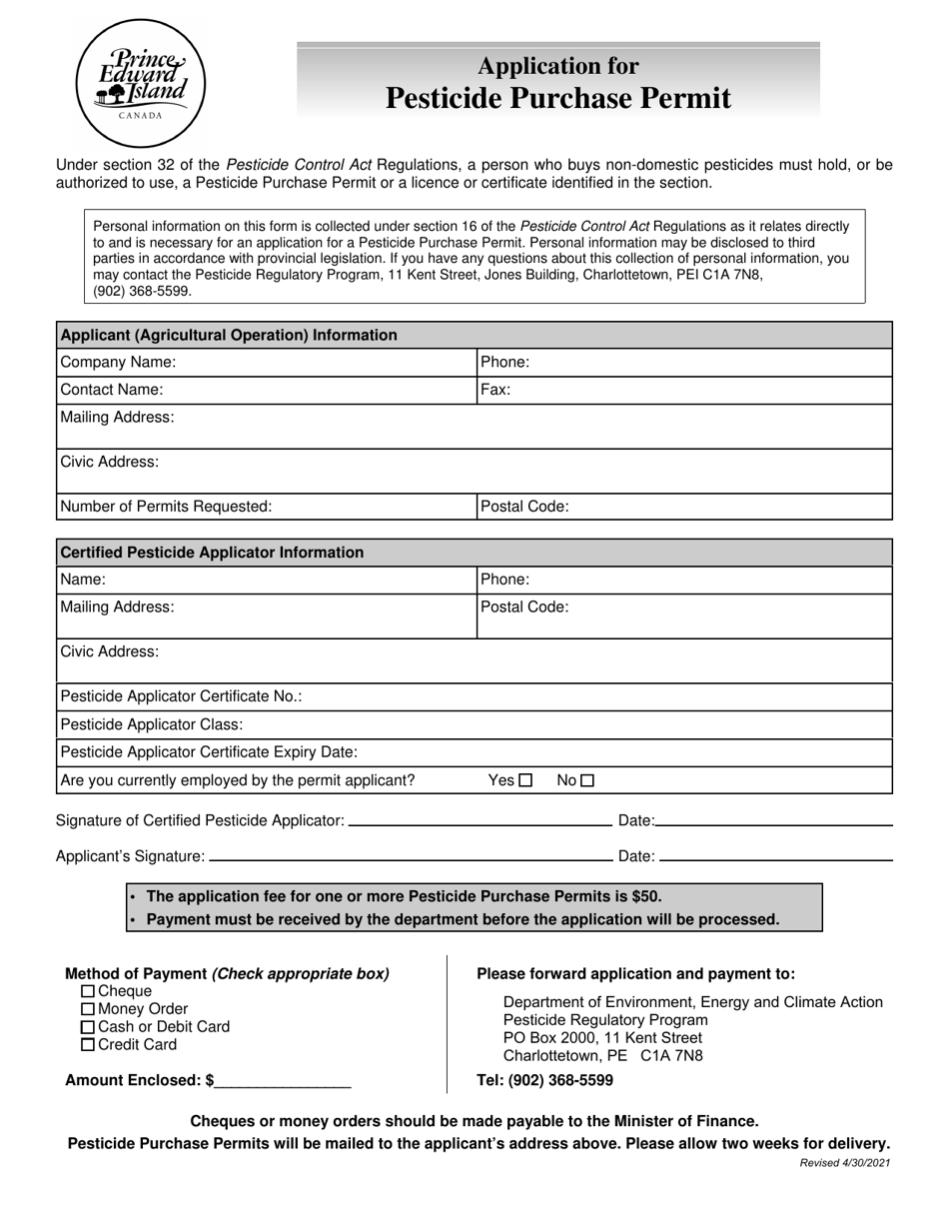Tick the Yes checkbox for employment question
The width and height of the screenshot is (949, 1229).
pos(525,781)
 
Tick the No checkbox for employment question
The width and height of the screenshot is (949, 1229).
pos(587,781)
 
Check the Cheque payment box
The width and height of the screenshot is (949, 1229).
pos(88,991)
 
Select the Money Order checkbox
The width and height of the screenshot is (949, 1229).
pos(88,1009)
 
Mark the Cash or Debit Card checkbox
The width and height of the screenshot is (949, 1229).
pos(88,1027)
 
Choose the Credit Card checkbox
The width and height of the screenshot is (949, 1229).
pos(88,1045)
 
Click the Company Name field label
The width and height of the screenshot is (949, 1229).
pos(118,363)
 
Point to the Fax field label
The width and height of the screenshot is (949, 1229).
pos(495,391)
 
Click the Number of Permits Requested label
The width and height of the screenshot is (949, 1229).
pos(166,507)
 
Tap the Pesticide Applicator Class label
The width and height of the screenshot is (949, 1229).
pos(152,724)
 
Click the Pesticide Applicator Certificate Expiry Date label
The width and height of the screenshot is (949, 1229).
pos(209,752)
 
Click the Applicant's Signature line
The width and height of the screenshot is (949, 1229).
pos(410,857)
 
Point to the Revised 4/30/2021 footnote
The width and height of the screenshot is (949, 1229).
pos(845,1163)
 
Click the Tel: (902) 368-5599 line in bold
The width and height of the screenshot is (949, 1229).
pos(545,1081)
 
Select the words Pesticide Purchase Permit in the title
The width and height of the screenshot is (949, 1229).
pos(557,98)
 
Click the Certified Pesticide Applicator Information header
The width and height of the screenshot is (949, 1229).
pos(212,553)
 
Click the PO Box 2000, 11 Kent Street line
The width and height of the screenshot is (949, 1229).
pos(602,1038)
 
